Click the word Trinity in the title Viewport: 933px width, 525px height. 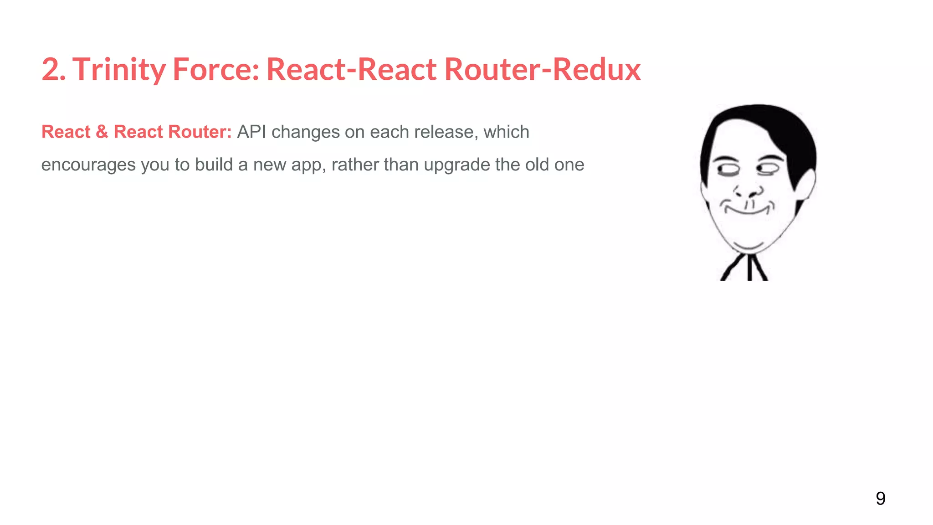(x=119, y=70)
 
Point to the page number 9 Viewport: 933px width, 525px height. (x=880, y=498)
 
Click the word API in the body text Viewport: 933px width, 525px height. (x=251, y=132)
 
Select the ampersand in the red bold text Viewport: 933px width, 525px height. (x=102, y=132)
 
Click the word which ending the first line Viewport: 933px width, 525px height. (x=506, y=132)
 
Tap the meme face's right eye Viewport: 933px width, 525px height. (x=768, y=169)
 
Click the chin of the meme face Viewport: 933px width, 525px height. (x=748, y=244)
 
